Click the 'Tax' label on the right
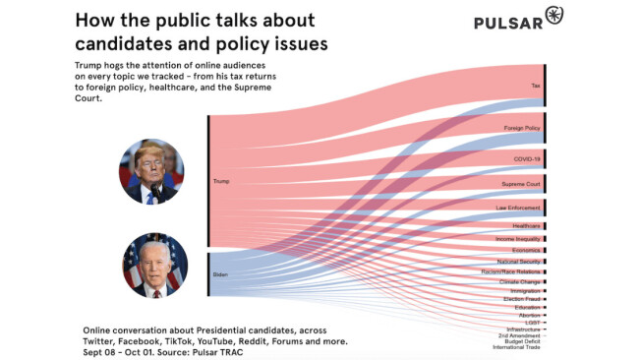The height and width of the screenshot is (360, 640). (x=536, y=86)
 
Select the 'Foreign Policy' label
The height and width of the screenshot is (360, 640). (x=521, y=128)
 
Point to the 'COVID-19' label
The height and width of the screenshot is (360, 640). (x=527, y=157)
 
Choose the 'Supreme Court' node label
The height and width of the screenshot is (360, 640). (x=521, y=184)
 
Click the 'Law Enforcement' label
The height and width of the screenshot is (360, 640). (x=519, y=208)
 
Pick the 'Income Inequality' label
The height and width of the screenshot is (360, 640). (x=517, y=238)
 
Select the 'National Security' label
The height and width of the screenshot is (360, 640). (x=518, y=261)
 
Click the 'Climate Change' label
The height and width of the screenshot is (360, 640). (x=519, y=282)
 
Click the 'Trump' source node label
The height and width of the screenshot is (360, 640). (x=220, y=181)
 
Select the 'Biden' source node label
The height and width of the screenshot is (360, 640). (x=220, y=273)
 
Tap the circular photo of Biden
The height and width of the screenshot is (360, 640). (x=154, y=265)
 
